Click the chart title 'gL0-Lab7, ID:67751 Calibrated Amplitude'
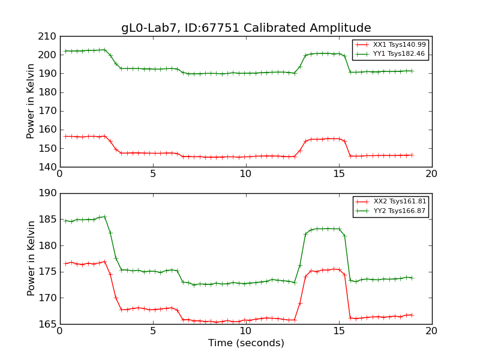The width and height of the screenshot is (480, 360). [246, 28]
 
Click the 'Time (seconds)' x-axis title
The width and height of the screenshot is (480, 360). [246, 343]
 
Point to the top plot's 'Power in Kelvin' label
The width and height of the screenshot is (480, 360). [31, 101]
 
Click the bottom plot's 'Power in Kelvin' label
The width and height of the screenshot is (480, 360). [31, 259]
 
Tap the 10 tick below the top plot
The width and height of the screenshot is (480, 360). [246, 174]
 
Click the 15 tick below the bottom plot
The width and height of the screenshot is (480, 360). [339, 331]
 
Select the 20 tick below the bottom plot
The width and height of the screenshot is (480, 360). [432, 331]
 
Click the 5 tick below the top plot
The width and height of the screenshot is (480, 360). [153, 174]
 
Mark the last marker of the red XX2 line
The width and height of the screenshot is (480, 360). [412, 315]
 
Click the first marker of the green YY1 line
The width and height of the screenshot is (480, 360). [65, 51]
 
